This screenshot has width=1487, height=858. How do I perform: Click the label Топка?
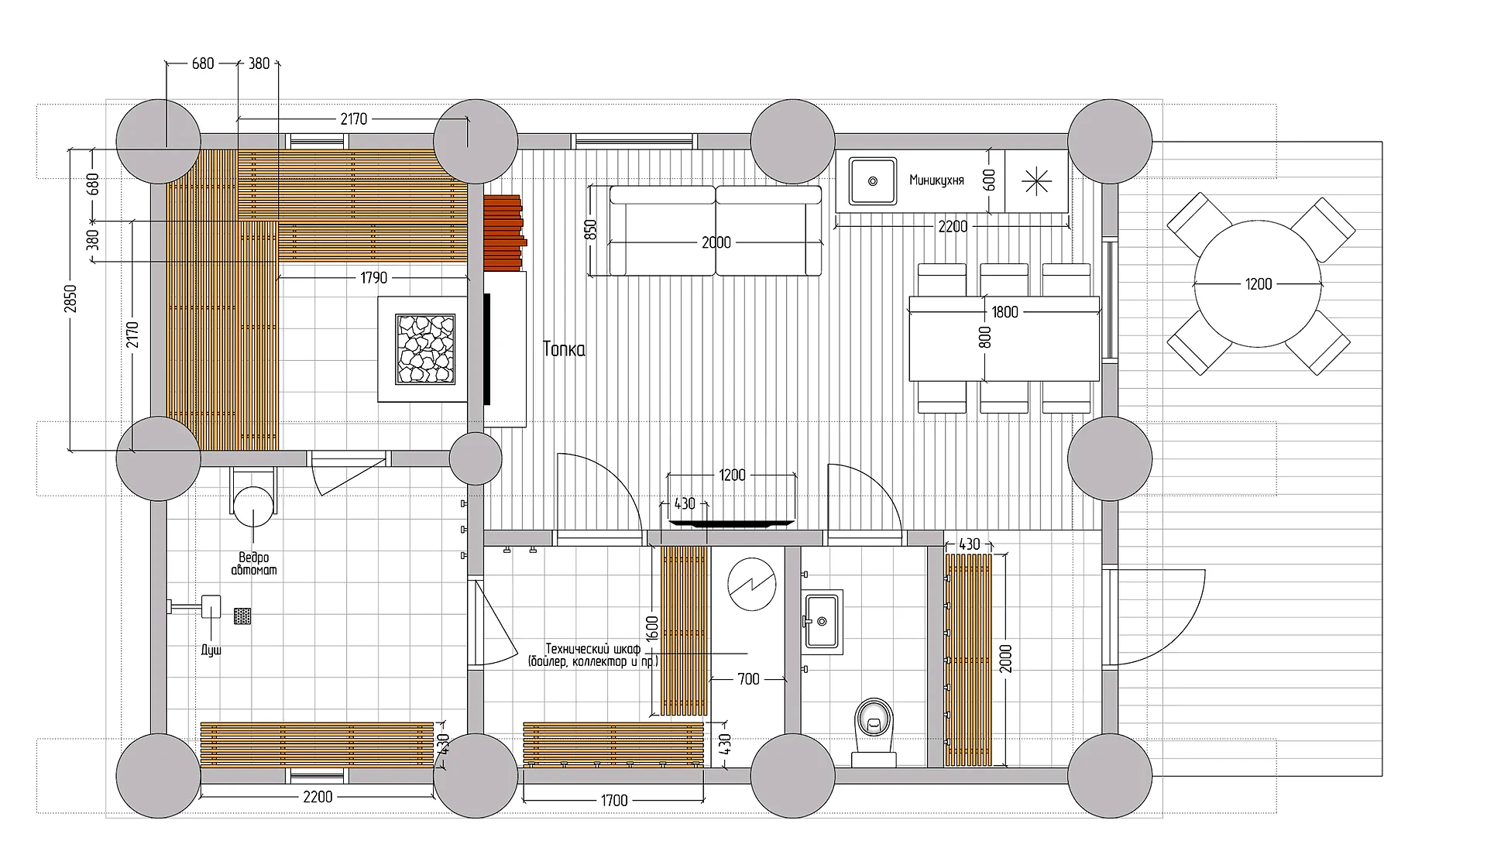click(564, 349)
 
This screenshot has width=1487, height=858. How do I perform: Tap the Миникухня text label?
click(936, 180)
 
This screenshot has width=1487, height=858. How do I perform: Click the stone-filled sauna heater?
click(425, 349)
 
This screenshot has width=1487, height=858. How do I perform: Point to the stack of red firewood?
click(505, 232)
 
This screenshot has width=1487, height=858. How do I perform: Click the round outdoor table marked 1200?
click(1259, 284)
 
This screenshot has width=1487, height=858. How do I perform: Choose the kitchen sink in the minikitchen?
click(873, 181)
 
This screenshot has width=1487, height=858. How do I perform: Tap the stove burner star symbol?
click(1036, 181)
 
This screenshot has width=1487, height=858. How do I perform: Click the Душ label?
click(211, 650)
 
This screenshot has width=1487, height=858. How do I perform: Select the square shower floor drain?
click(242, 616)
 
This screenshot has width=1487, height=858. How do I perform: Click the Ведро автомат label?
click(254, 564)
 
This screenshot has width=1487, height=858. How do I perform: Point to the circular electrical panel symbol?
click(752, 585)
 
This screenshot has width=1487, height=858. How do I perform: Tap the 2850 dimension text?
click(70, 299)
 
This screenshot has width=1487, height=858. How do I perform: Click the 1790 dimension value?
click(374, 277)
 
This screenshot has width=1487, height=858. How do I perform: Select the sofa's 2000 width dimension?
click(716, 242)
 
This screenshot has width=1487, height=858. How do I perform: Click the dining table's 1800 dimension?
click(1004, 312)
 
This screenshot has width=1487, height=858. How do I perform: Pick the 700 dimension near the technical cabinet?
click(748, 679)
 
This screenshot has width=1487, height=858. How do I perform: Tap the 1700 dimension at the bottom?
click(614, 800)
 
